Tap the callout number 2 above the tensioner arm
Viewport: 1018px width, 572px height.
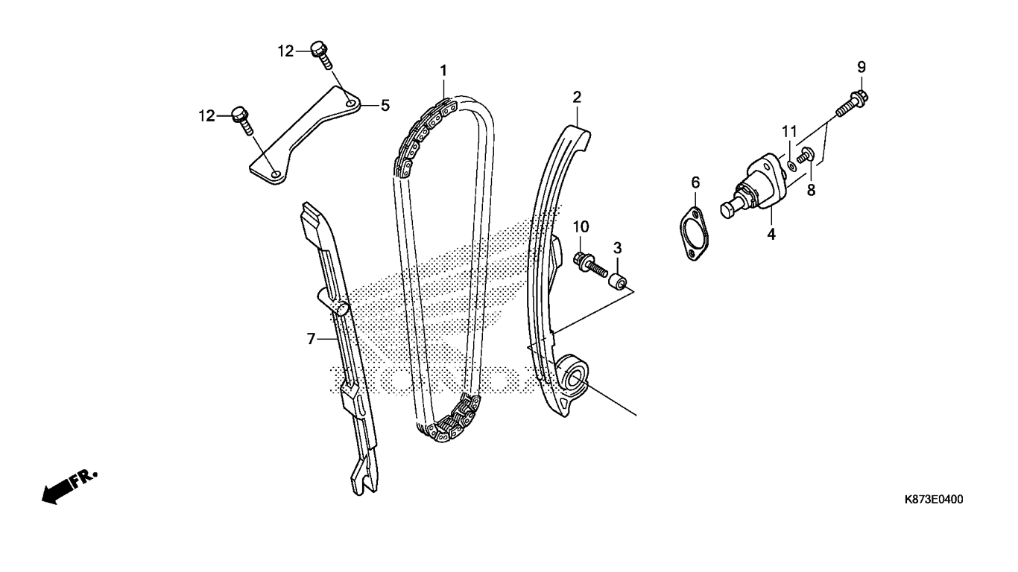point(577,97)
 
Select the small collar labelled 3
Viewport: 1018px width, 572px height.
point(618,282)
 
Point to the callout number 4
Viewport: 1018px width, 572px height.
point(772,234)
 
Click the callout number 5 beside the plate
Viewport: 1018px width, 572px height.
point(385,106)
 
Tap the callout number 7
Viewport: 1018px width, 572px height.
point(312,339)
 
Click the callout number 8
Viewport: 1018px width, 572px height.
point(811,190)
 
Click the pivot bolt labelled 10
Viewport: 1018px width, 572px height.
point(589,261)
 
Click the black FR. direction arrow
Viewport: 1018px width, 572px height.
point(63,488)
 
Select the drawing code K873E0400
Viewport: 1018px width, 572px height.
point(933,500)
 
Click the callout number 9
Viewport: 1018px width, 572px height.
point(861,67)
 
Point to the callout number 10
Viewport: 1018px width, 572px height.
point(581,226)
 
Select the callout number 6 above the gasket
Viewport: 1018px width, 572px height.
point(695,182)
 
